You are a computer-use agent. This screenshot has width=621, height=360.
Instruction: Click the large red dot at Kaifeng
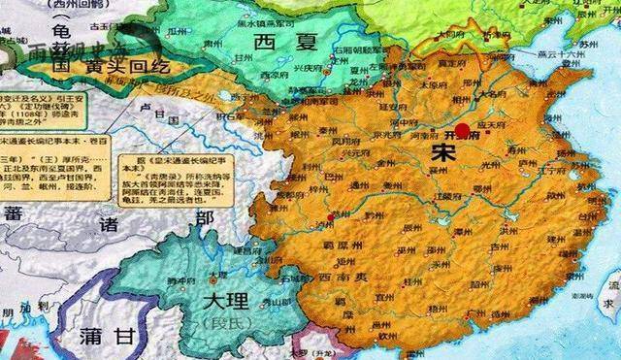pyautogui.click(x=463, y=130)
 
